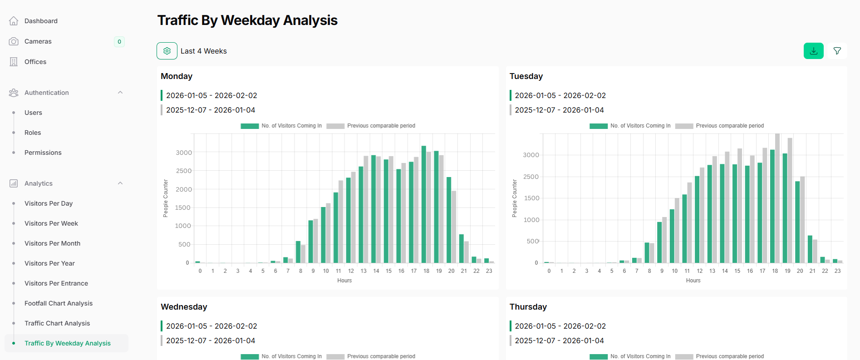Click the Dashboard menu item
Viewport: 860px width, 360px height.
point(41,21)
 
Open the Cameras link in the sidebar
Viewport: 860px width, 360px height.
point(38,41)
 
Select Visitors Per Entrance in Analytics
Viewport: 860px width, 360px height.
point(56,283)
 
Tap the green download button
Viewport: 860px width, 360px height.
point(813,51)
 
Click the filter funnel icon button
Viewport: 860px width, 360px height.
point(837,51)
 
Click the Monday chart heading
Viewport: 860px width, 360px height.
point(177,76)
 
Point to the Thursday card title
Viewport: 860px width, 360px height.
point(528,307)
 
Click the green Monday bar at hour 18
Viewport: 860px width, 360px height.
point(424,204)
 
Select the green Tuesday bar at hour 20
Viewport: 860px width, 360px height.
point(797,222)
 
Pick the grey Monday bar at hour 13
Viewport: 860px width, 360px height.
point(366,209)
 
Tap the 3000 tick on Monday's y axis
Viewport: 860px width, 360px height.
point(184,153)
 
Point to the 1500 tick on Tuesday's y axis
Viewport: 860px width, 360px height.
point(531,198)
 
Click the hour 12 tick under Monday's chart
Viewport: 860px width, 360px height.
point(351,271)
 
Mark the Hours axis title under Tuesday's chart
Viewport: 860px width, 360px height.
point(693,281)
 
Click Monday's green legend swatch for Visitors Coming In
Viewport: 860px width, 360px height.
point(250,126)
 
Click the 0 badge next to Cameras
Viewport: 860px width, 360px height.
point(119,42)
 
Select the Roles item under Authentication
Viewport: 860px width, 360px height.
point(33,133)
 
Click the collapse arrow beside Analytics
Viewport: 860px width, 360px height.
point(120,183)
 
